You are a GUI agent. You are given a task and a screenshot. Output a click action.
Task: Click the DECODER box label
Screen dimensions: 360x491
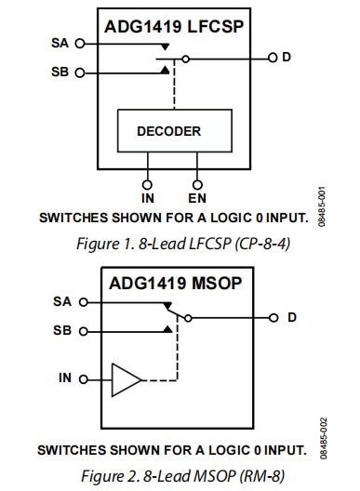point(169,131)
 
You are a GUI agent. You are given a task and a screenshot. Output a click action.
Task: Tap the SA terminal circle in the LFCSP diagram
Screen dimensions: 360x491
point(80,44)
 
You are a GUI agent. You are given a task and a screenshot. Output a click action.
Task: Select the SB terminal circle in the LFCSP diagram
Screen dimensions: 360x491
point(80,73)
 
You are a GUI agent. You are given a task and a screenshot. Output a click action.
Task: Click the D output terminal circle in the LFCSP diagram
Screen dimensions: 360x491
point(273,58)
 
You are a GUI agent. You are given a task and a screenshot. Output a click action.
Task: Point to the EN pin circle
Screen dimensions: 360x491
point(197,185)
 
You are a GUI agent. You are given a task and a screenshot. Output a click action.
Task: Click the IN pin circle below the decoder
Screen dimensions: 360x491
point(147,185)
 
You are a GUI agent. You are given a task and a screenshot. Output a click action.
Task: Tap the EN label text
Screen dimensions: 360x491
point(197,198)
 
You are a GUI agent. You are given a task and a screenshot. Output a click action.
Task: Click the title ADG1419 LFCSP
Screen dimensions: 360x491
point(174,26)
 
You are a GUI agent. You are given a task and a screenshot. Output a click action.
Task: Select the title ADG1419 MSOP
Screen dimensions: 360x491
point(176,284)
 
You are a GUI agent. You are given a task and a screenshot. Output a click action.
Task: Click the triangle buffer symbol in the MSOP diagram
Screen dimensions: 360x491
point(127,379)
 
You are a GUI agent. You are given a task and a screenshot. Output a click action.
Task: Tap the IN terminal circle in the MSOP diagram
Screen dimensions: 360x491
point(84,379)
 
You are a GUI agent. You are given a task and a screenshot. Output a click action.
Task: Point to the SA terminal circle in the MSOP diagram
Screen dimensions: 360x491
point(84,302)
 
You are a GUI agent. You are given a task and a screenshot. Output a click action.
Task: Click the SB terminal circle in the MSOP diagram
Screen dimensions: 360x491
point(84,331)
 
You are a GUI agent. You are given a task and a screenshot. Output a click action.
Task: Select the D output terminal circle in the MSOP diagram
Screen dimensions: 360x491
point(273,318)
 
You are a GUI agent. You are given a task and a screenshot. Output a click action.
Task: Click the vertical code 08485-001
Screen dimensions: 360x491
point(322,206)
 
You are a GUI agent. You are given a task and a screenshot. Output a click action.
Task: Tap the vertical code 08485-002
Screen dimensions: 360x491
point(324,438)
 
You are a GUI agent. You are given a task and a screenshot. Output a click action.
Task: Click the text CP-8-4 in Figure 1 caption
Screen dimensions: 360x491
point(263,244)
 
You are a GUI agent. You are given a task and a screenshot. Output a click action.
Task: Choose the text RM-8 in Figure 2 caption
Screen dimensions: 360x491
point(262,476)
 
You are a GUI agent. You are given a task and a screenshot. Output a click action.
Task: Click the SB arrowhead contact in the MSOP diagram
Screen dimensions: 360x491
point(168,329)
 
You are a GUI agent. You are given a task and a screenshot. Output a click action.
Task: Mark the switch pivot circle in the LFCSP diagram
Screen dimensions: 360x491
point(186,59)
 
